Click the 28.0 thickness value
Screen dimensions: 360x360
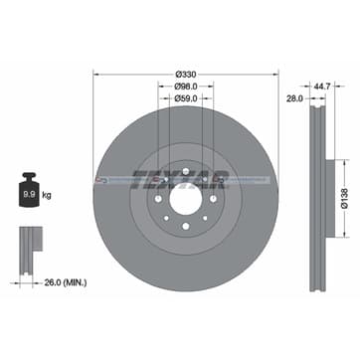[x=293, y=98]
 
